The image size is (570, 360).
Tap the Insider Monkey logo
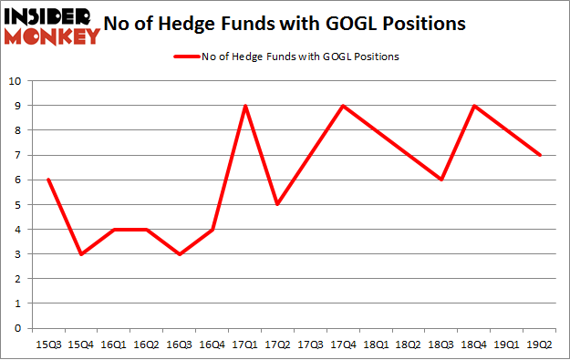(51, 26)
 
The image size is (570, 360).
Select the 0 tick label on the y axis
(16, 328)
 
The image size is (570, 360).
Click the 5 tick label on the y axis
(16, 205)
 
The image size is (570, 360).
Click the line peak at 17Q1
(245, 106)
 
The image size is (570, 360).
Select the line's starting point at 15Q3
(47, 180)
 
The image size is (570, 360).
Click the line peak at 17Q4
(344, 106)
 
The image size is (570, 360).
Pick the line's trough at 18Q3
(442, 180)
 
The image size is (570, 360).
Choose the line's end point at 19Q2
(541, 155)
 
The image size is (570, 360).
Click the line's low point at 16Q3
(179, 254)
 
